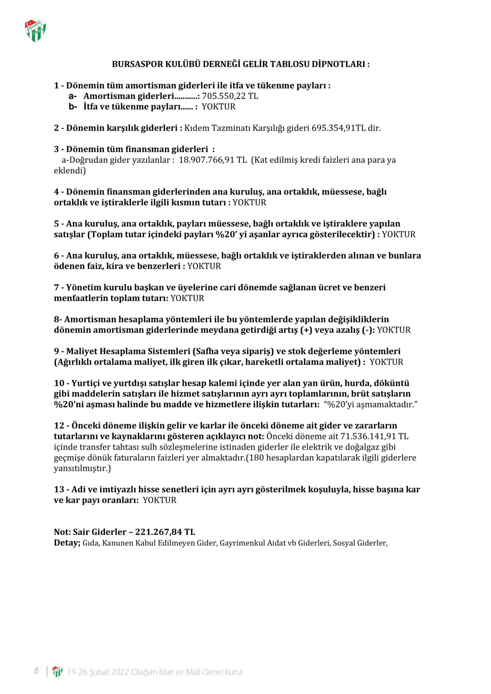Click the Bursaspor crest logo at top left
click(x=35, y=31)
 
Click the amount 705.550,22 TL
click(x=230, y=96)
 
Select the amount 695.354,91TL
click(x=339, y=128)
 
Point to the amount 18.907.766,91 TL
click(x=213, y=160)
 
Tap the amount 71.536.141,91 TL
click(x=374, y=436)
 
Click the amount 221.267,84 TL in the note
click(x=165, y=532)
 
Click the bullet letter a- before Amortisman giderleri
click(x=73, y=96)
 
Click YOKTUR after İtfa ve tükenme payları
click(x=218, y=107)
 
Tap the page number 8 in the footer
click(x=36, y=671)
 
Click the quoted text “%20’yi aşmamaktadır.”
click(x=371, y=404)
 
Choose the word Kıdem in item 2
click(x=197, y=128)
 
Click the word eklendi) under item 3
click(x=70, y=171)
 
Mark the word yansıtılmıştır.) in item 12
click(x=82, y=468)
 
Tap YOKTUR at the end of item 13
click(x=160, y=500)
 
